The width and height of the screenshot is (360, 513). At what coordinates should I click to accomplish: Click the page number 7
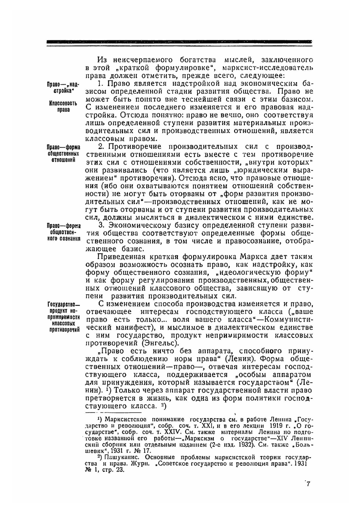308,484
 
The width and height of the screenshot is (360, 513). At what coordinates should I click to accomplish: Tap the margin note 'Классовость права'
63,107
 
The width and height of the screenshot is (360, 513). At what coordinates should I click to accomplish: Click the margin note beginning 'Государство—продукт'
63,317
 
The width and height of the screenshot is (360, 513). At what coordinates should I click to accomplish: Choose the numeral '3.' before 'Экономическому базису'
102,225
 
